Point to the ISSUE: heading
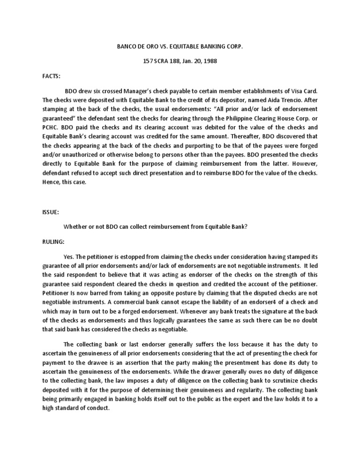pos(51,199)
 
